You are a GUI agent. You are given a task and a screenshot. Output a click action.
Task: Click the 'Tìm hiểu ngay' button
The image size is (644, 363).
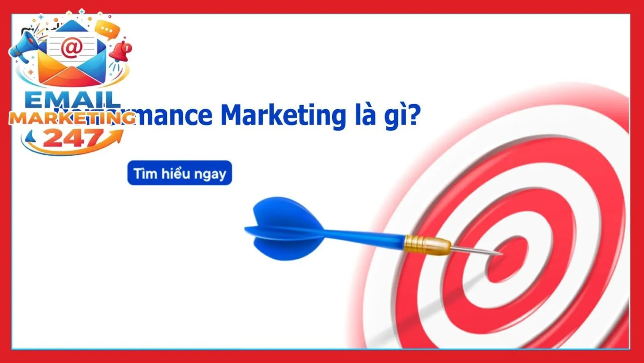(179, 173)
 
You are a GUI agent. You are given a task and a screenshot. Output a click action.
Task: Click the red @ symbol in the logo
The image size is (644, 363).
(71, 49)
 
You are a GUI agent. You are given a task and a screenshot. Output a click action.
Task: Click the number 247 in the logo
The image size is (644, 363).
(73, 138)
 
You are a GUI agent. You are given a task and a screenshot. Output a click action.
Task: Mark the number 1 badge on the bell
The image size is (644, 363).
(127, 47)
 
